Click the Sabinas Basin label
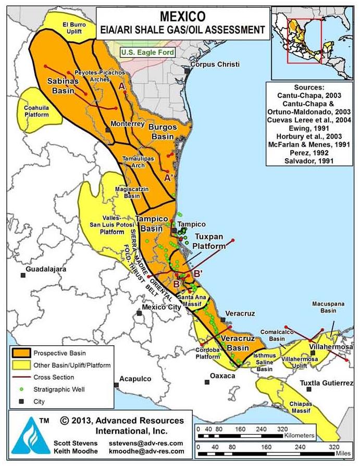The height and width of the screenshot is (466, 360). point(63,85)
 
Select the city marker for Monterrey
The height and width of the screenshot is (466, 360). point(108,129)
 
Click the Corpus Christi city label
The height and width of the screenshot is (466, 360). point(215,65)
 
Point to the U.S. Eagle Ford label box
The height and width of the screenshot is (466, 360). point(147,52)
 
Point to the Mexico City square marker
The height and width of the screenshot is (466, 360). point(139,313)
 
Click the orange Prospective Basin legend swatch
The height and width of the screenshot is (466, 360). point(21,353)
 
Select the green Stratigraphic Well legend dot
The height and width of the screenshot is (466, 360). point(21,389)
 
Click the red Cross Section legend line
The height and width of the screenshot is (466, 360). point(21,377)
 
